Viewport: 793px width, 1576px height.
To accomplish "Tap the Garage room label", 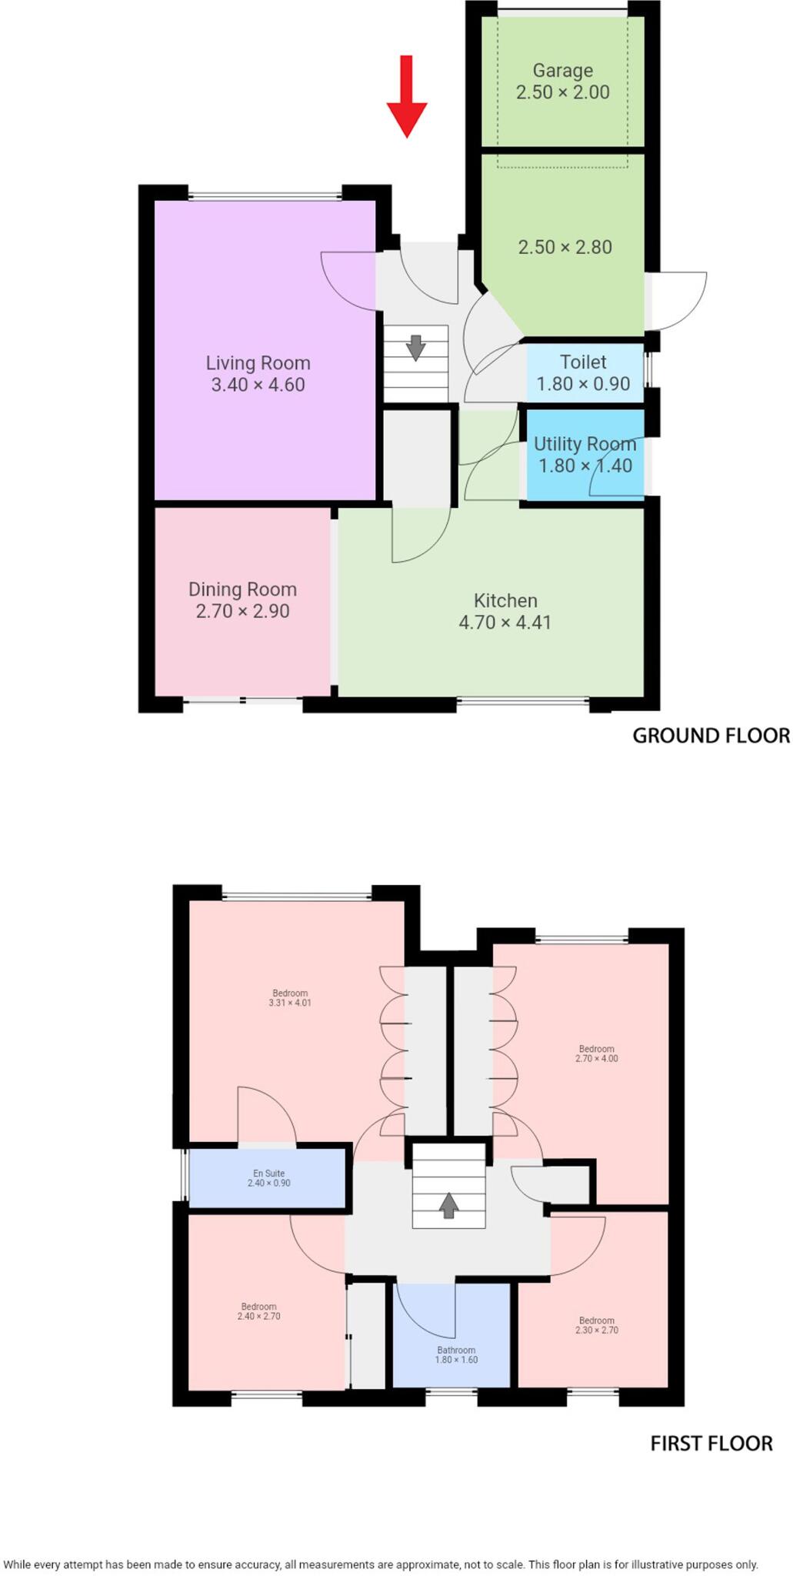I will (562, 71).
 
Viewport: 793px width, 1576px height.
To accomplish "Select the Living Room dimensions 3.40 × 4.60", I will (258, 385).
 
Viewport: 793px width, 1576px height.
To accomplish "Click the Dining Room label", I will (242, 589).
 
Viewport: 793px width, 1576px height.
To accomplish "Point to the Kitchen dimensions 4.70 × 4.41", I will (505, 623).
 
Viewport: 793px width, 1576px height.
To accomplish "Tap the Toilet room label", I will (583, 362).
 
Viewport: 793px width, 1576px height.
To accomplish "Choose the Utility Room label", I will (585, 444).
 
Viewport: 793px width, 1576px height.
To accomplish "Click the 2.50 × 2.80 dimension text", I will (565, 247).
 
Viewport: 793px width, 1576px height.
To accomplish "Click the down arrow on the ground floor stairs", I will (415, 347).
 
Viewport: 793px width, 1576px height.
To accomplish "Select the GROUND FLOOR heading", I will (711, 736).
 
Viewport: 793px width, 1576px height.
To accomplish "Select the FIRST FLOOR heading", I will (711, 1444).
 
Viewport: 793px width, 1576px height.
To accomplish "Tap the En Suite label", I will (268, 1173).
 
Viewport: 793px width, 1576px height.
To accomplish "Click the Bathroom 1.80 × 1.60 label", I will (456, 1354).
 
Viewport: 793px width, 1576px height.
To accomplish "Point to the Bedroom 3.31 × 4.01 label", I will (290, 997).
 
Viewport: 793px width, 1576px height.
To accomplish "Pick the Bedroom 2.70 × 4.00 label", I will (596, 1053).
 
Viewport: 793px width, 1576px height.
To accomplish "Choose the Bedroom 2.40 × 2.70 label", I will (258, 1311).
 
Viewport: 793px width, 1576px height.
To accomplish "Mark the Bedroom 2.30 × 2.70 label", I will (596, 1324).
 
